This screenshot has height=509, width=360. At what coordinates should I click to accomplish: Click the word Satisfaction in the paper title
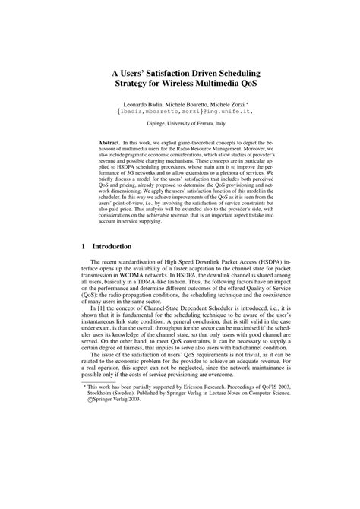tap(169, 65)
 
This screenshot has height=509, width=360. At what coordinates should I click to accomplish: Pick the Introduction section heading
tap(112, 247)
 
